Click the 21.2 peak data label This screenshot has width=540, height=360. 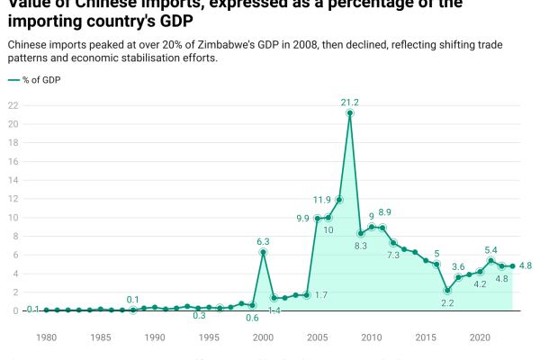tap(350, 102)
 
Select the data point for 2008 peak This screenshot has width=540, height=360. tap(350, 113)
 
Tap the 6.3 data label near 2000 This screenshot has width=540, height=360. tap(263, 241)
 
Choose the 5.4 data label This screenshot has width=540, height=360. tap(490, 249)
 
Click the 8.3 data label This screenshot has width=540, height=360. tap(361, 246)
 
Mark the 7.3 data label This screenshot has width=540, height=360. tap(393, 255)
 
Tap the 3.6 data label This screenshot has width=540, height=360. tap(458, 266)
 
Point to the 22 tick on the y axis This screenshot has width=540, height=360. tap(13, 105)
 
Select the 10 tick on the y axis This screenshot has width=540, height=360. tap(13, 218)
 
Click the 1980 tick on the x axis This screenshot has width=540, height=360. tap(47, 337)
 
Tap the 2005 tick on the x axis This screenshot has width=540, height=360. tap(317, 337)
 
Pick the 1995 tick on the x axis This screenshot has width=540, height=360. tap(209, 337)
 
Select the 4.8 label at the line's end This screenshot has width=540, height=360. tap(526, 266)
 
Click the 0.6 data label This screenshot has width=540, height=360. tap(252, 318)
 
